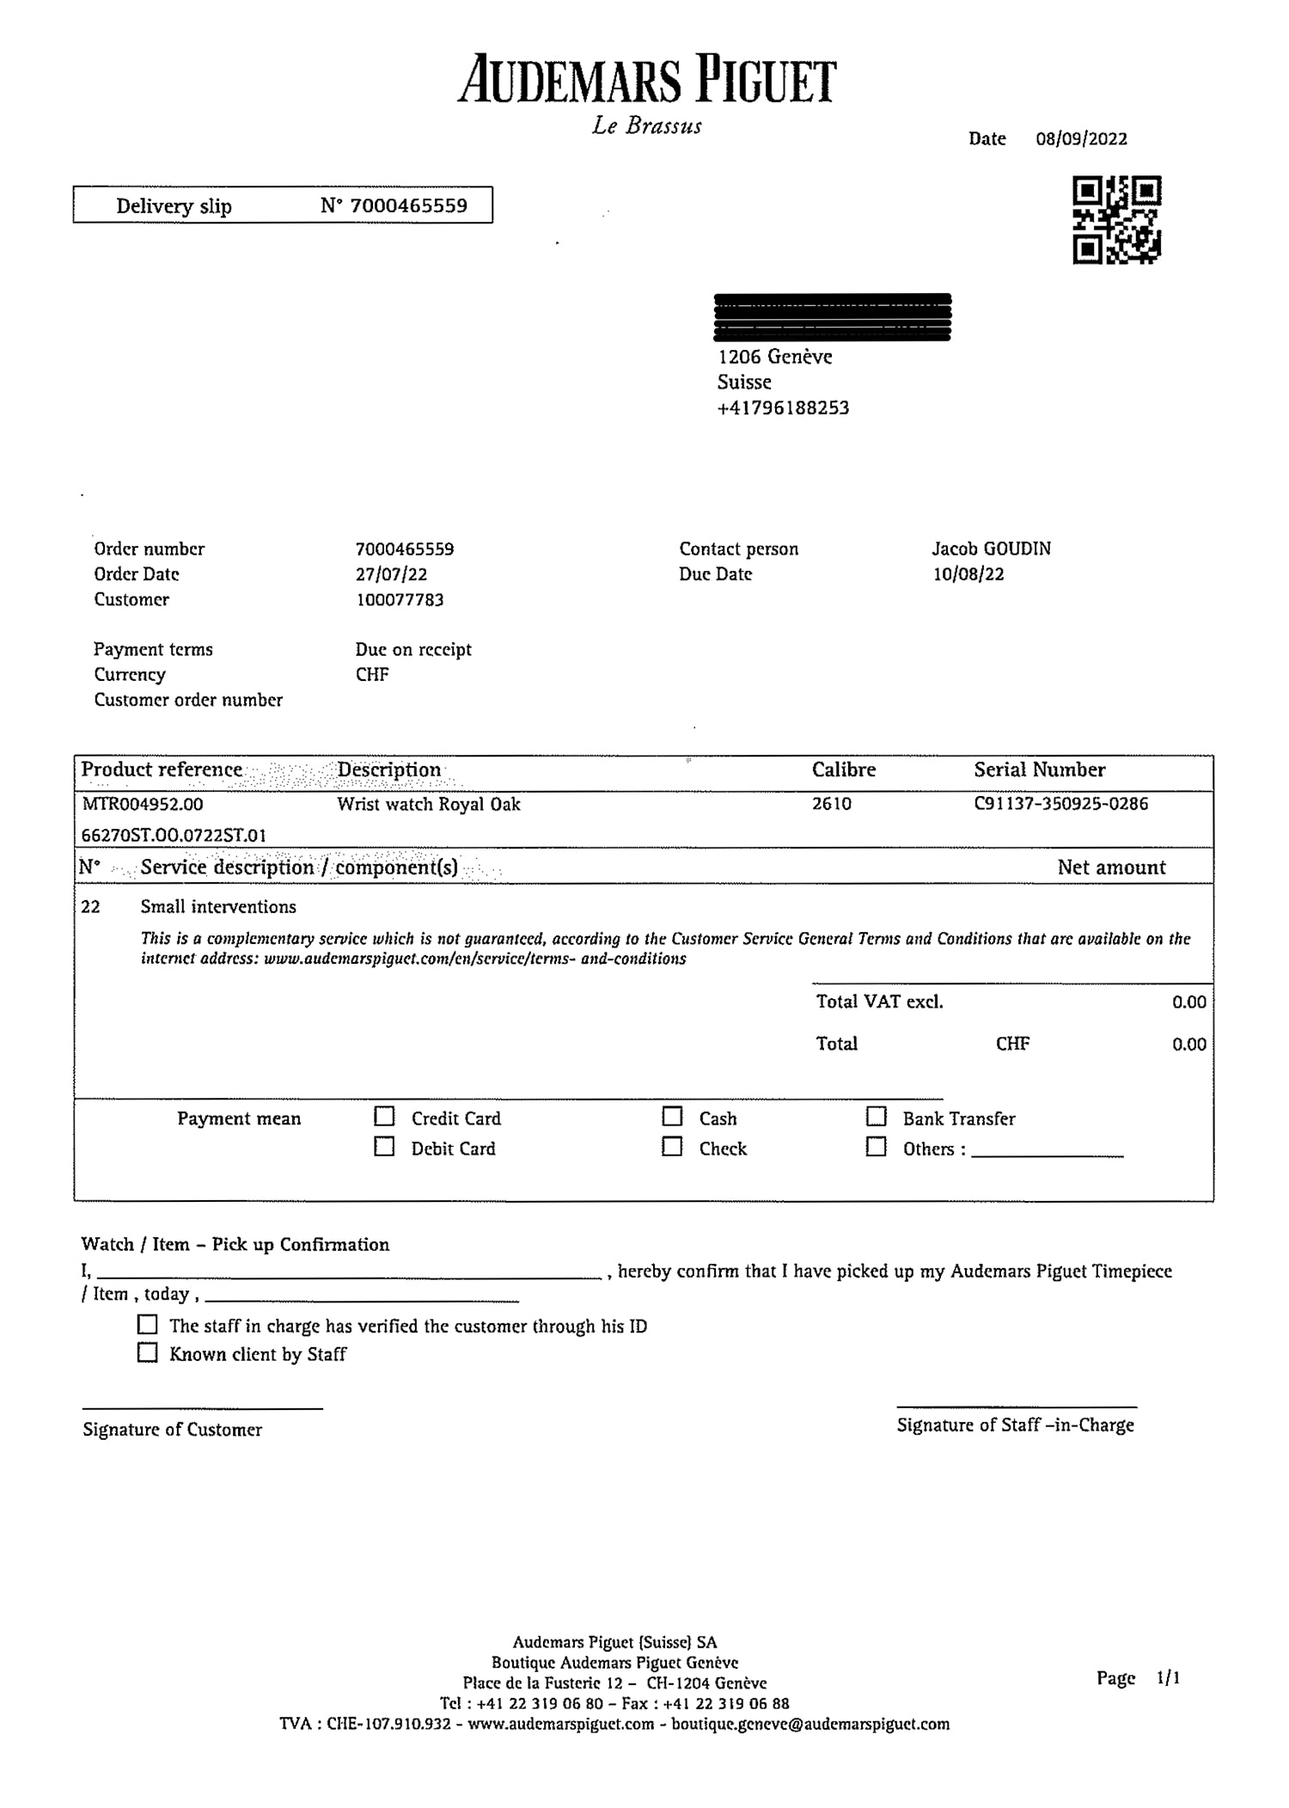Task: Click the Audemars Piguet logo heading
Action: click(x=646, y=82)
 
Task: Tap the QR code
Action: click(x=1116, y=220)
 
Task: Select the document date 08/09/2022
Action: click(x=1081, y=139)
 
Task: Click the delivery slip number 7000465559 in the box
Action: click(x=408, y=205)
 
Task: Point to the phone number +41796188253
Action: click(x=783, y=408)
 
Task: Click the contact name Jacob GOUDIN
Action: click(x=991, y=549)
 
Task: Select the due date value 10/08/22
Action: click(x=968, y=574)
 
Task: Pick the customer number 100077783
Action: click(x=400, y=600)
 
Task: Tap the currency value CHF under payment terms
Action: click(x=372, y=675)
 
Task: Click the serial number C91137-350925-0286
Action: click(x=1060, y=804)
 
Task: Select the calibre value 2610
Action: click(x=831, y=804)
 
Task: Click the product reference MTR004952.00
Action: click(x=143, y=805)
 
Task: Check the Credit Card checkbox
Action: click(x=384, y=1117)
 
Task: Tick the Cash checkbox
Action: click(x=672, y=1117)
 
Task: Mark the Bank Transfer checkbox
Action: click(x=876, y=1117)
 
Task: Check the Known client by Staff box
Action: click(x=148, y=1353)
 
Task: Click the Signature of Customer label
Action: click(x=172, y=1430)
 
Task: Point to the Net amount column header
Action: click(x=1111, y=867)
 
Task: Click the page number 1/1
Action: click(x=1168, y=1677)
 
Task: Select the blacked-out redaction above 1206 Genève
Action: click(x=833, y=317)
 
